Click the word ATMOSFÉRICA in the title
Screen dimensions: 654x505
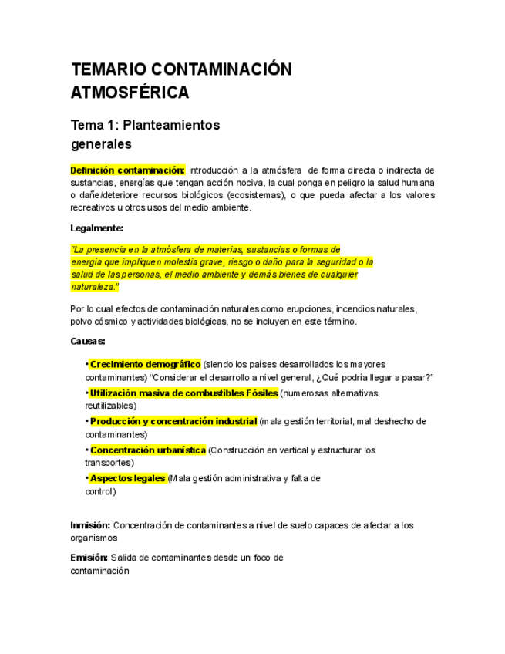[x=130, y=93]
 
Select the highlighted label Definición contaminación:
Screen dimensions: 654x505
[x=127, y=170]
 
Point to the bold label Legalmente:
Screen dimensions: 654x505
[x=96, y=228]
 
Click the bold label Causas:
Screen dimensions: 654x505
[x=88, y=341]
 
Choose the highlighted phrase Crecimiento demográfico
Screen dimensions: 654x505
[x=146, y=364]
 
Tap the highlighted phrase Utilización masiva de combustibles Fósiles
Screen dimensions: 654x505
[x=184, y=393]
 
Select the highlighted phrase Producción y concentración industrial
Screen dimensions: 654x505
[x=173, y=421]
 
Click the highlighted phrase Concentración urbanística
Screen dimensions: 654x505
[x=148, y=450]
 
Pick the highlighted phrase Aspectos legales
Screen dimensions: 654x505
[x=128, y=478]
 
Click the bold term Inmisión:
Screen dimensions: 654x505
[x=90, y=525]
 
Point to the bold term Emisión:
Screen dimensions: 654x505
[x=89, y=558]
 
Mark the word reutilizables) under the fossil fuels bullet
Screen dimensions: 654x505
[x=111, y=406]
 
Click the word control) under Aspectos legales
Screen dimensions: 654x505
[x=100, y=491]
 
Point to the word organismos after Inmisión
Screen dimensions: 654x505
[x=94, y=538]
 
